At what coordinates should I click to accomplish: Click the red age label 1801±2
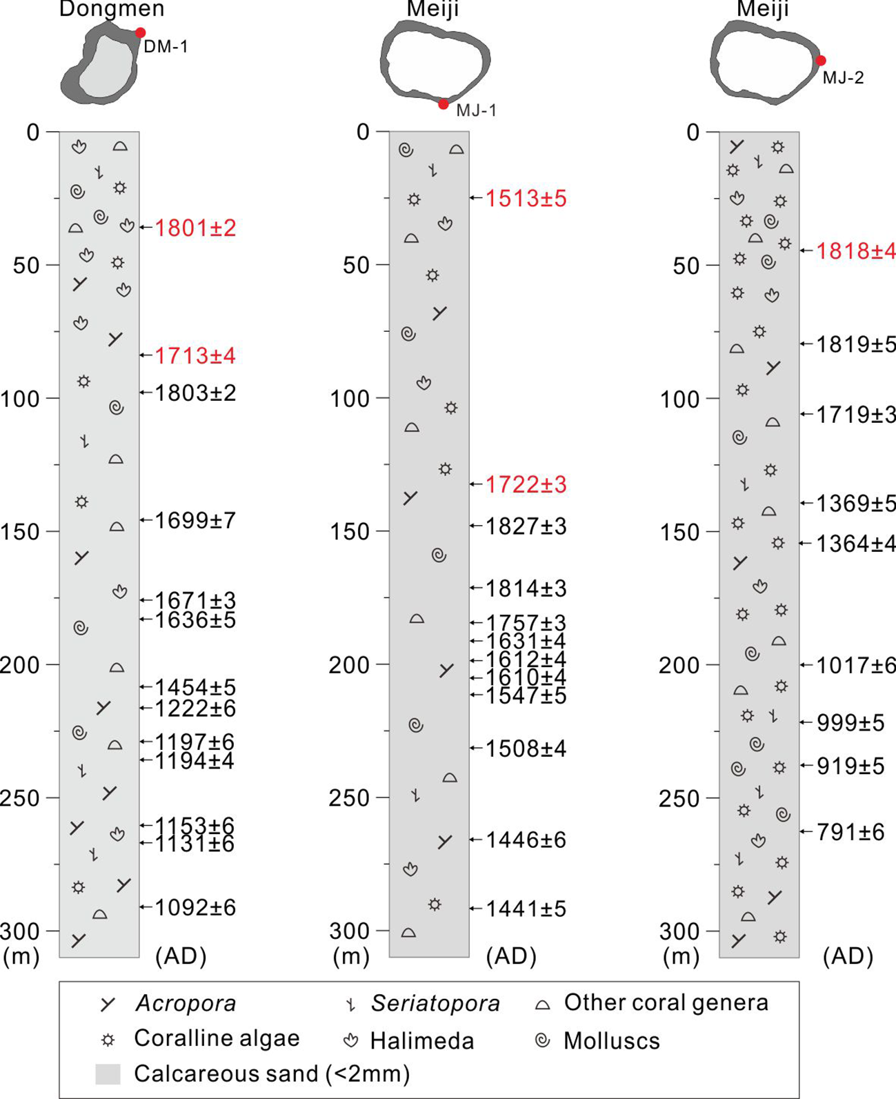tap(195, 228)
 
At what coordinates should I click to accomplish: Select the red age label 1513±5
tap(526, 199)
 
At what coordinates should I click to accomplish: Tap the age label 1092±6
tap(195, 907)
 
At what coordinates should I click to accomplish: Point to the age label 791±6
tap(850, 832)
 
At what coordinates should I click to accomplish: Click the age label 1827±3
tap(526, 526)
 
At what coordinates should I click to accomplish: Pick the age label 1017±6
tap(856, 665)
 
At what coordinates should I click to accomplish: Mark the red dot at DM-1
tap(141, 32)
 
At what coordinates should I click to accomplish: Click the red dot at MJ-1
tap(444, 105)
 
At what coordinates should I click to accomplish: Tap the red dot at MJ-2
tap(821, 61)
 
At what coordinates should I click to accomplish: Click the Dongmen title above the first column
tap(112, 9)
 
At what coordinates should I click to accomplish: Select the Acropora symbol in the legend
tap(108, 1004)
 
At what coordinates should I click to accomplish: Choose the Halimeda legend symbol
tap(350, 1040)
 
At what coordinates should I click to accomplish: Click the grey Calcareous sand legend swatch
tap(108, 1074)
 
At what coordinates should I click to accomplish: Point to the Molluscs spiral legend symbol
tap(543, 1040)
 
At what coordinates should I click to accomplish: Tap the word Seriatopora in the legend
tap(435, 1003)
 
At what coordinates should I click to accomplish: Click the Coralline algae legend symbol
tap(108, 1039)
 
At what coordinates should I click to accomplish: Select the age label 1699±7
tap(195, 520)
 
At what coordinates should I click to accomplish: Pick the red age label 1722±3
tap(526, 485)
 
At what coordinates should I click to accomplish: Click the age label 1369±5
tap(856, 504)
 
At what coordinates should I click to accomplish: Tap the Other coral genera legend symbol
tap(543, 1004)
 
